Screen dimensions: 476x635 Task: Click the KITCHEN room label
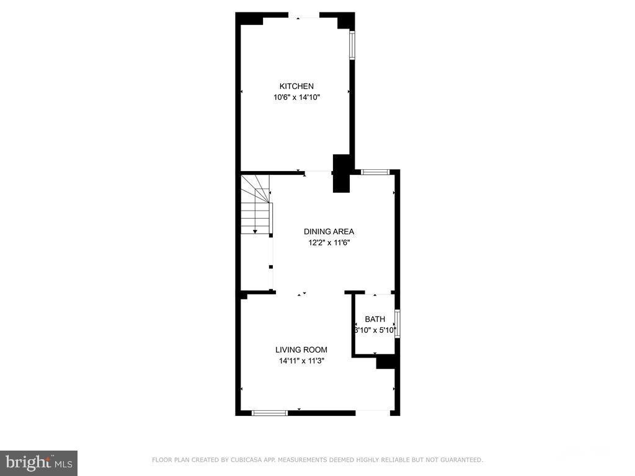click(296, 86)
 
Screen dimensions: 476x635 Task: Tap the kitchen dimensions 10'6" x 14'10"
click(296, 97)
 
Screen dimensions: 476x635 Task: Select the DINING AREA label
click(329, 232)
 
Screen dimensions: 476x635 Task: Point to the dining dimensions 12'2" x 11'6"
click(329, 243)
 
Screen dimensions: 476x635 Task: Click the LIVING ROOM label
click(301, 350)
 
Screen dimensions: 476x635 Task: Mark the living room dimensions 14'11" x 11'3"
click(301, 361)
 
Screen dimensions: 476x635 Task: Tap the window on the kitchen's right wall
click(352, 45)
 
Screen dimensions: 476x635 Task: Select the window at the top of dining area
click(375, 172)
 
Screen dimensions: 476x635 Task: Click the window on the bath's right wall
click(397, 324)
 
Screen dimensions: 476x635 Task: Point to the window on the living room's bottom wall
click(270, 412)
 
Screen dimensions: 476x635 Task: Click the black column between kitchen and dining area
click(342, 173)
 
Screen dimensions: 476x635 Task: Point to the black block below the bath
click(386, 361)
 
